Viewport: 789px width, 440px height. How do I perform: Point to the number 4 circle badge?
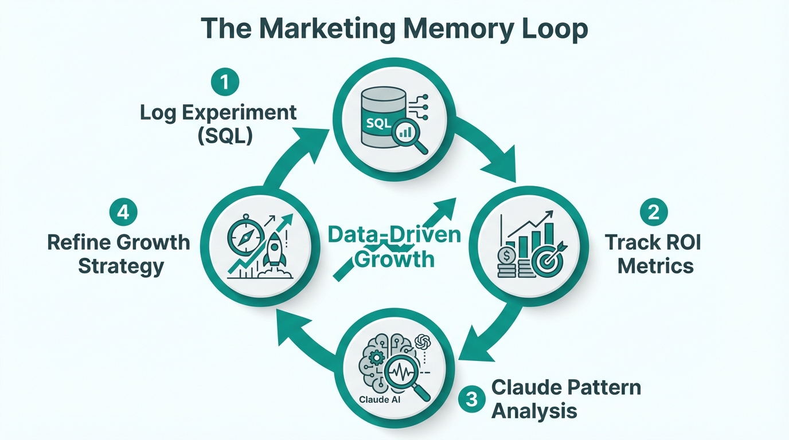click(x=123, y=213)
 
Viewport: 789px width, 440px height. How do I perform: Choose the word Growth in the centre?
click(x=394, y=258)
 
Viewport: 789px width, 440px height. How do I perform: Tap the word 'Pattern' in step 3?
click(x=601, y=387)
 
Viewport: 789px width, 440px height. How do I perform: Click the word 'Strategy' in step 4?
click(x=121, y=266)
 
